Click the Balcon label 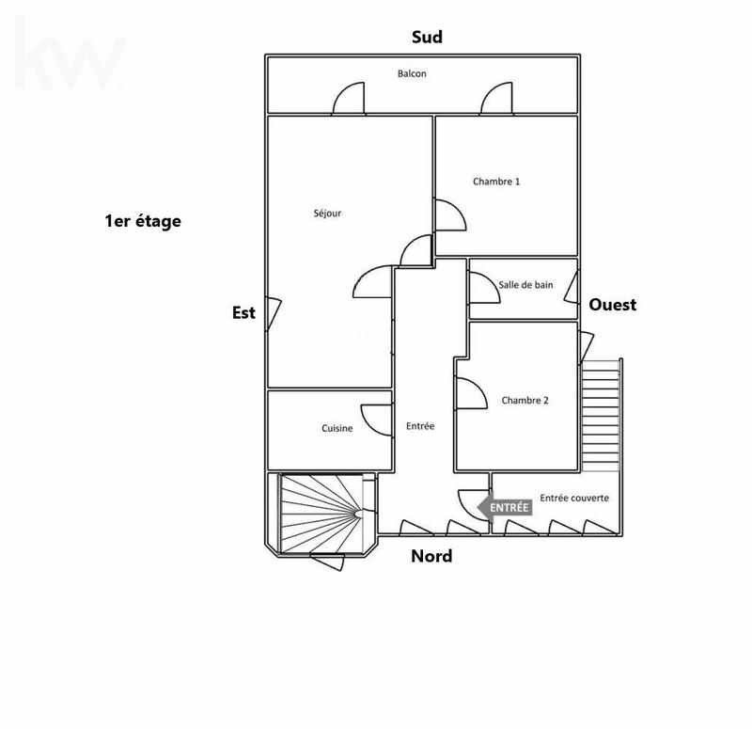click(412, 73)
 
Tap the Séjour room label click(327, 214)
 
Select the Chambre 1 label click(496, 182)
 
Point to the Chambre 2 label click(525, 400)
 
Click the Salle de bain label click(525, 285)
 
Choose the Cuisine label click(337, 429)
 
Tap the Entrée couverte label click(573, 498)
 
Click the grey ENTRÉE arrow click(505, 507)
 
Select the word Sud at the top click(427, 38)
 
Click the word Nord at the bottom click(431, 556)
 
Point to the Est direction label click(243, 313)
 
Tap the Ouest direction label click(613, 305)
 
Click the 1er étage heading click(143, 222)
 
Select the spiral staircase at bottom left click(322, 514)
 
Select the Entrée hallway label click(420, 426)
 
